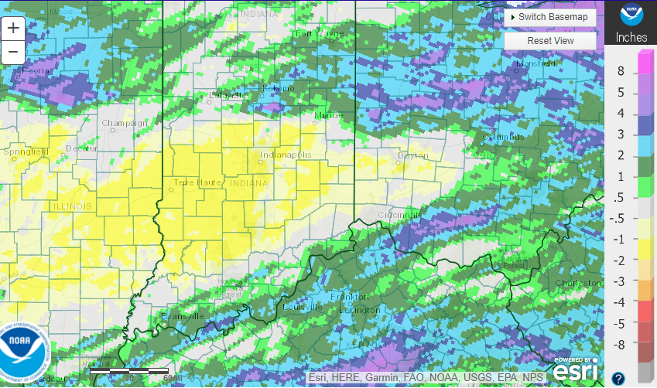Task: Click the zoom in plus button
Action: pos(13,29)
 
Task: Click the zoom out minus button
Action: pos(13,52)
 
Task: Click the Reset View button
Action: pos(550,40)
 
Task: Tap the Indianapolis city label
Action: pos(286,155)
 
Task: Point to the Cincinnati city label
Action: pos(400,214)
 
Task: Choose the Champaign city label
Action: pos(124,123)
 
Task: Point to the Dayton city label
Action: pos(412,155)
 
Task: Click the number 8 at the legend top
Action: pos(620,71)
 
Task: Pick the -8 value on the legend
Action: pos(620,344)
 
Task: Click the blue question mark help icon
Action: pos(618,378)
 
